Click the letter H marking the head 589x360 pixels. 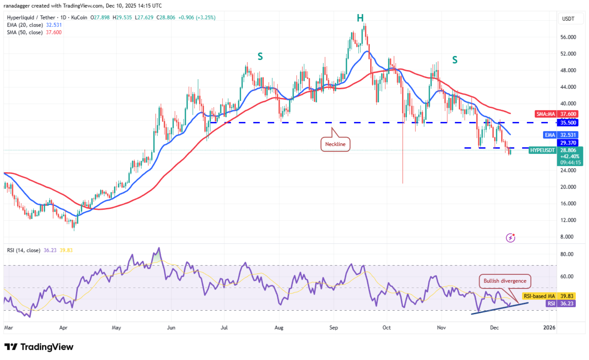(x=360, y=18)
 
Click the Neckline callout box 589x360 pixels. (x=335, y=144)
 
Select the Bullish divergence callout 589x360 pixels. (x=504, y=281)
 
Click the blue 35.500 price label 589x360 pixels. (x=568, y=123)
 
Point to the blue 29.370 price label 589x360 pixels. (x=568, y=143)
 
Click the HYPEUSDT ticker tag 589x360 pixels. (x=542, y=150)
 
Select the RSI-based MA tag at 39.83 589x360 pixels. (x=548, y=296)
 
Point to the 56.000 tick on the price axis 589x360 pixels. (x=568, y=37)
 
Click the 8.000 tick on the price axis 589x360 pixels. (x=567, y=237)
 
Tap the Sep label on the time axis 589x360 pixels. (x=334, y=327)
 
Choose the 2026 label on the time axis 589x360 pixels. (x=549, y=327)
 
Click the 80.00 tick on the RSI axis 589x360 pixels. (x=567, y=254)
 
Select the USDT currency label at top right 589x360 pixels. (x=568, y=19)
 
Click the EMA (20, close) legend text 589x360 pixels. (x=25, y=25)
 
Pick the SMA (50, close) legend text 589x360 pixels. (x=25, y=33)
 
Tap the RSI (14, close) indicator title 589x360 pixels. (x=24, y=250)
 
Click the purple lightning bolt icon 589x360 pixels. (x=510, y=238)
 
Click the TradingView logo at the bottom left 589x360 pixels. (x=39, y=347)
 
